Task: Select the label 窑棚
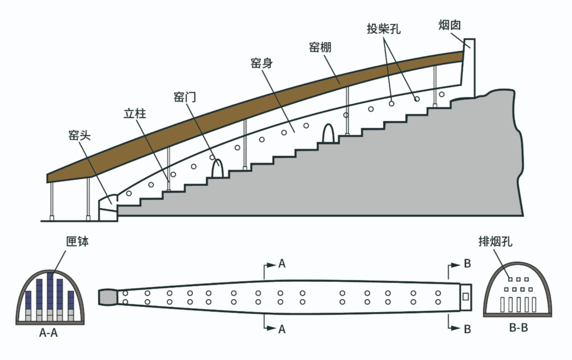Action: pyautogui.click(x=320, y=47)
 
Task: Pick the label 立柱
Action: pyautogui.click(x=135, y=115)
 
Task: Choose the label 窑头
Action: pyautogui.click(x=79, y=136)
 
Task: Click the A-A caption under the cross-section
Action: pyautogui.click(x=48, y=334)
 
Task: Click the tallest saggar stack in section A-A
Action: pyautogui.click(x=51, y=296)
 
